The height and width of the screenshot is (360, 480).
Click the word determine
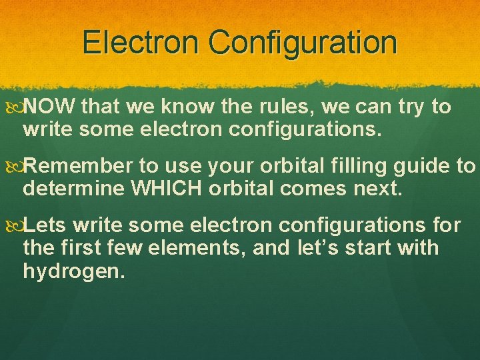(73, 189)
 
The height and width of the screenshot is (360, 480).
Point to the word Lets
(45, 225)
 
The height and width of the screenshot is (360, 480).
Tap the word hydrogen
(73, 272)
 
